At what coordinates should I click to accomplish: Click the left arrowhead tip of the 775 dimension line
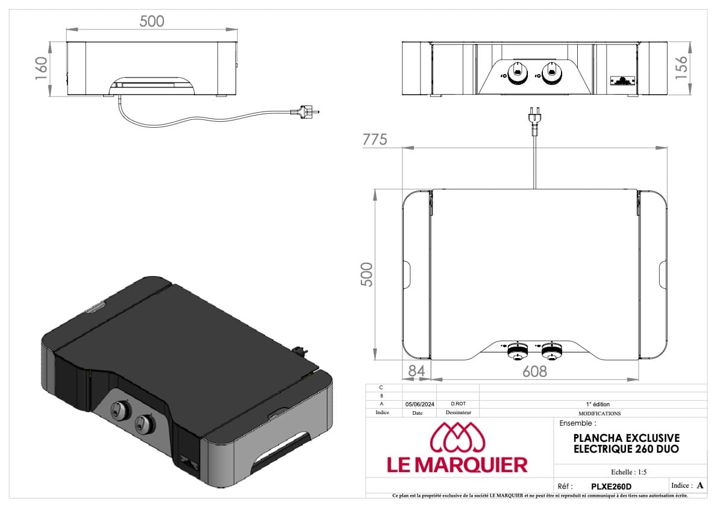tap(403, 148)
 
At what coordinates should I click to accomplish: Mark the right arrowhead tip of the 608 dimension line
tap(639, 379)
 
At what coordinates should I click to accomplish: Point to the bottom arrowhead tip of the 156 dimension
tap(690, 95)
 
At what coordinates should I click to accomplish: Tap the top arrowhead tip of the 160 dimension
tap(51, 42)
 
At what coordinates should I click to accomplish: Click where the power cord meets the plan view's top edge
tap(534, 189)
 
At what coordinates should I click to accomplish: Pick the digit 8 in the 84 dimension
tap(412, 371)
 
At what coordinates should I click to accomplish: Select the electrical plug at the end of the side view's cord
tap(304, 111)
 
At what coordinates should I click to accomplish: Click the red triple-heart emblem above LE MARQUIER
tap(457, 436)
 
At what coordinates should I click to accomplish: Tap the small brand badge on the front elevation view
tap(622, 81)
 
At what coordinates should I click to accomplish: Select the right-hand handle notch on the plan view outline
tap(663, 274)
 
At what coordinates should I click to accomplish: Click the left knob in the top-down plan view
tap(518, 351)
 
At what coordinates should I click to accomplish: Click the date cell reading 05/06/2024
tap(420, 405)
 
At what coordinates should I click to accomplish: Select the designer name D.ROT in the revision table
tap(458, 404)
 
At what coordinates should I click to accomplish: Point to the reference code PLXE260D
tap(612, 487)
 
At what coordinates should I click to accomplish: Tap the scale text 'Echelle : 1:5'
tap(629, 472)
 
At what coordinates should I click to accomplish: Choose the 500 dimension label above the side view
tap(152, 21)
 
